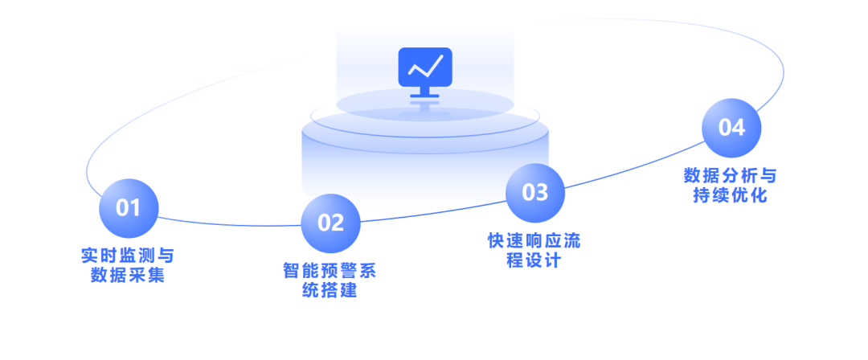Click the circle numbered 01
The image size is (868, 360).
[129, 208]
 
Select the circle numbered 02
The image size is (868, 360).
[330, 223]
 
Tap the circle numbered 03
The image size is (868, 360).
[534, 193]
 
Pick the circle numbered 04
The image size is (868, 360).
[731, 128]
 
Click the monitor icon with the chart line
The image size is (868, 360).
[425, 67]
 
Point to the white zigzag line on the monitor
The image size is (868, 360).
[425, 66]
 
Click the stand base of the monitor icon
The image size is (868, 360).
[425, 97]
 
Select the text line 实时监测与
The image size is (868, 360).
[128, 256]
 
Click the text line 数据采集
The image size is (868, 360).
[128, 276]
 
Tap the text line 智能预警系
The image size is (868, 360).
[330, 271]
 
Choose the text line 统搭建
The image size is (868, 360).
[330, 290]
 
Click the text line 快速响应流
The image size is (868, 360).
[534, 241]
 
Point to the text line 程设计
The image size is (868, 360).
[534, 260]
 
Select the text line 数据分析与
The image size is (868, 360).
[731, 176]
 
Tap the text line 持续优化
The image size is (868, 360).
[731, 195]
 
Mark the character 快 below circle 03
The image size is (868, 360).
[497, 241]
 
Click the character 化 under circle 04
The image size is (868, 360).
[759, 195]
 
